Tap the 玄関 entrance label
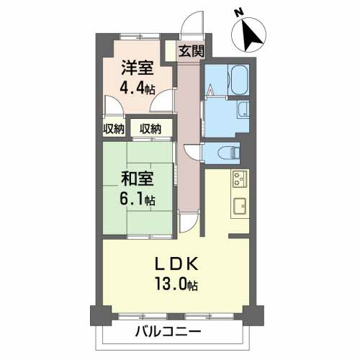coord(192,51)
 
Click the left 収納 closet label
coord(114,129)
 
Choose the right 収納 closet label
coord(150,129)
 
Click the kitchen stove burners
coord(239,178)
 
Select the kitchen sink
coord(239,204)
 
